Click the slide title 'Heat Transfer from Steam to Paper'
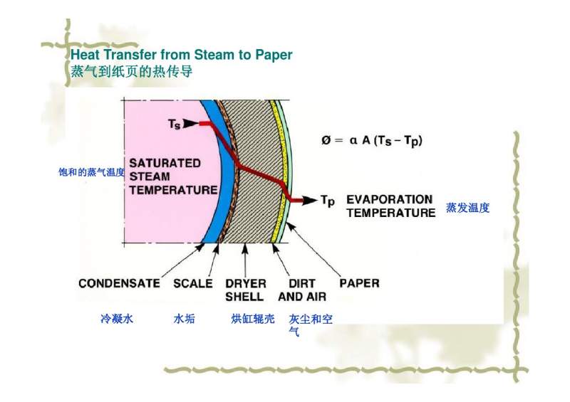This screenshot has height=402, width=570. (x=181, y=55)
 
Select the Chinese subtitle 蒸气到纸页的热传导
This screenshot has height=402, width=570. (x=131, y=72)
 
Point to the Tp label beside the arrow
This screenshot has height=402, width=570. (x=327, y=201)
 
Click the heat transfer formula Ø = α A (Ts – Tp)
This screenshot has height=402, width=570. (x=371, y=141)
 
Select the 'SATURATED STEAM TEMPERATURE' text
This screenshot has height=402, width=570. (x=172, y=176)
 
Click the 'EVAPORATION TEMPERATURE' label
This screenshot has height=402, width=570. (x=390, y=206)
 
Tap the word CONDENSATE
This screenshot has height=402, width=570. (x=119, y=283)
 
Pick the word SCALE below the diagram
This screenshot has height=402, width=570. (x=193, y=283)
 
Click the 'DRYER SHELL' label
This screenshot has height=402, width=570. (x=246, y=290)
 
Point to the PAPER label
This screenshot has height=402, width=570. (x=359, y=282)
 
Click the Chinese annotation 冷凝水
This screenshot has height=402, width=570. (x=117, y=319)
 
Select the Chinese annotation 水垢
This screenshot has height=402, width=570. (x=184, y=319)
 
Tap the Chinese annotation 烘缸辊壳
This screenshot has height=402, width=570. (x=253, y=319)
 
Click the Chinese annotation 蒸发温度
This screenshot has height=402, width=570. (x=468, y=208)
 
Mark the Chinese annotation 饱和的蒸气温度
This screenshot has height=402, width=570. (x=91, y=172)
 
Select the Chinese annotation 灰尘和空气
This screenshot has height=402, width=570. (x=311, y=324)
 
